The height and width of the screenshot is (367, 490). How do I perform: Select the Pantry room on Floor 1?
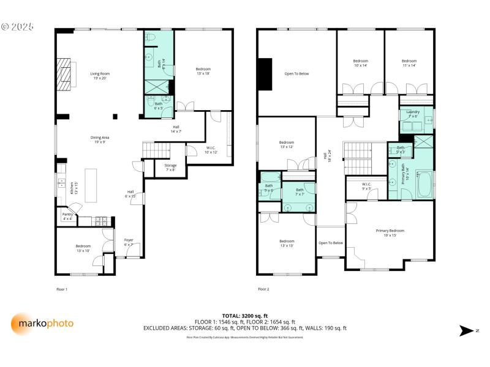coord(67,217)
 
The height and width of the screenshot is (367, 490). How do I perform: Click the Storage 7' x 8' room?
coord(170,167)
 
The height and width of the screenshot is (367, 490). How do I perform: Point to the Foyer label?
coord(129,242)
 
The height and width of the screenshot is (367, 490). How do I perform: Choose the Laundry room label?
coord(413,114)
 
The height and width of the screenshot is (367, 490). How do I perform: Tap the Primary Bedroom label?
coord(390,232)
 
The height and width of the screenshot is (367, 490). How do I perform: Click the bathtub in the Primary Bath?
coord(424,184)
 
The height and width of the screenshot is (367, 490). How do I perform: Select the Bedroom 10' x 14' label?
coord(360,63)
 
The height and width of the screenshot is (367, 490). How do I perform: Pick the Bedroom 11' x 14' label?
coord(409,63)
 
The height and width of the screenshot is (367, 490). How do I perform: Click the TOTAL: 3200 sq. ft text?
coord(244,316)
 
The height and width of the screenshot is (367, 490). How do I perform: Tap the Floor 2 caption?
coord(263,289)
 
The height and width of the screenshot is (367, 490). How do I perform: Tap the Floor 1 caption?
coord(62,289)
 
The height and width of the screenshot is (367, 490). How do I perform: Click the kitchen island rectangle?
coord(91,185)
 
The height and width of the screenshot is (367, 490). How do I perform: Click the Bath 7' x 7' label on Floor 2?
coord(300,192)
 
